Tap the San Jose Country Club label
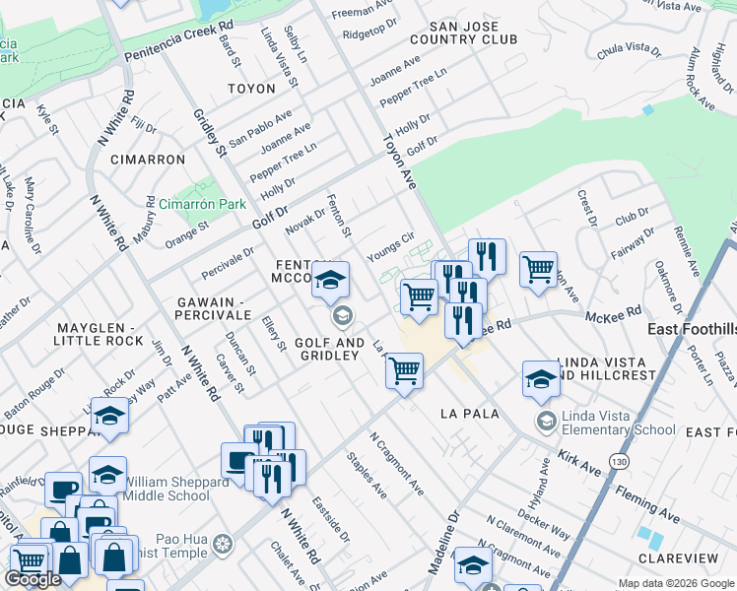469,33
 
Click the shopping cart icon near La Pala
404,371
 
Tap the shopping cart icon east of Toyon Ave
538,269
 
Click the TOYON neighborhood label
251,89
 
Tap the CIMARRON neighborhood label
148,160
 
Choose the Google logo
33,579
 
